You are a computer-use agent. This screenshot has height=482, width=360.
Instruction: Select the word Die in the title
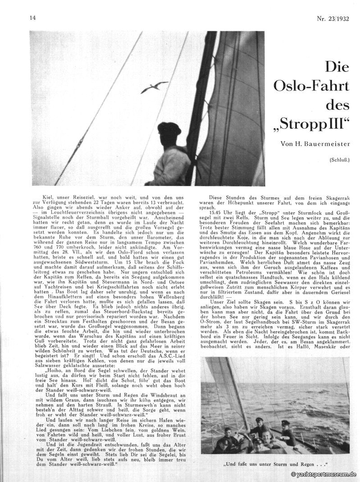(x=337, y=68)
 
